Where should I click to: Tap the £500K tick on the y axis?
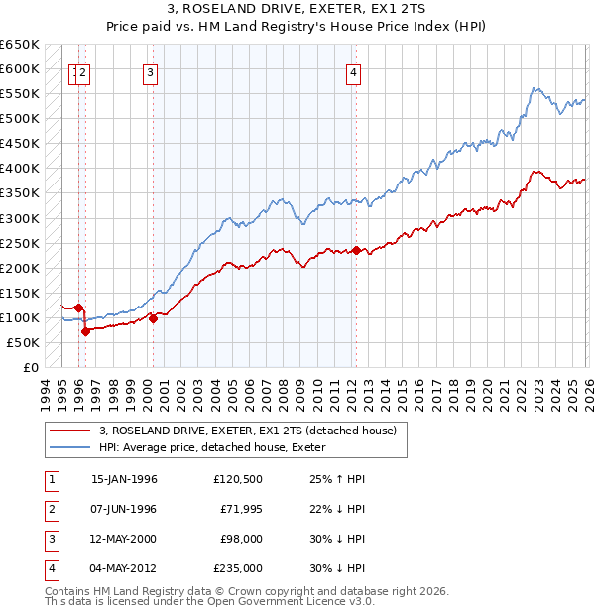coord(20,119)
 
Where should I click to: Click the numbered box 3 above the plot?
coord(150,71)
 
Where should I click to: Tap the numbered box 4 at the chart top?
coord(353,71)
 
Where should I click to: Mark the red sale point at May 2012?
coord(356,250)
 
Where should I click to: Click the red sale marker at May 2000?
coord(153,318)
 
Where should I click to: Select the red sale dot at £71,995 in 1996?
coord(86,331)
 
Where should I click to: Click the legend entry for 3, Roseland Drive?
coord(247,430)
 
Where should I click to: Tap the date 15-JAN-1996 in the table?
coord(124,479)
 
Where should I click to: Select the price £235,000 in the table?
coord(237,569)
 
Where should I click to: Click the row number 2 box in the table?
coord(50,509)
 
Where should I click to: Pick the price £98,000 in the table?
coord(240,540)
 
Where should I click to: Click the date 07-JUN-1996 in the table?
coord(124,509)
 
